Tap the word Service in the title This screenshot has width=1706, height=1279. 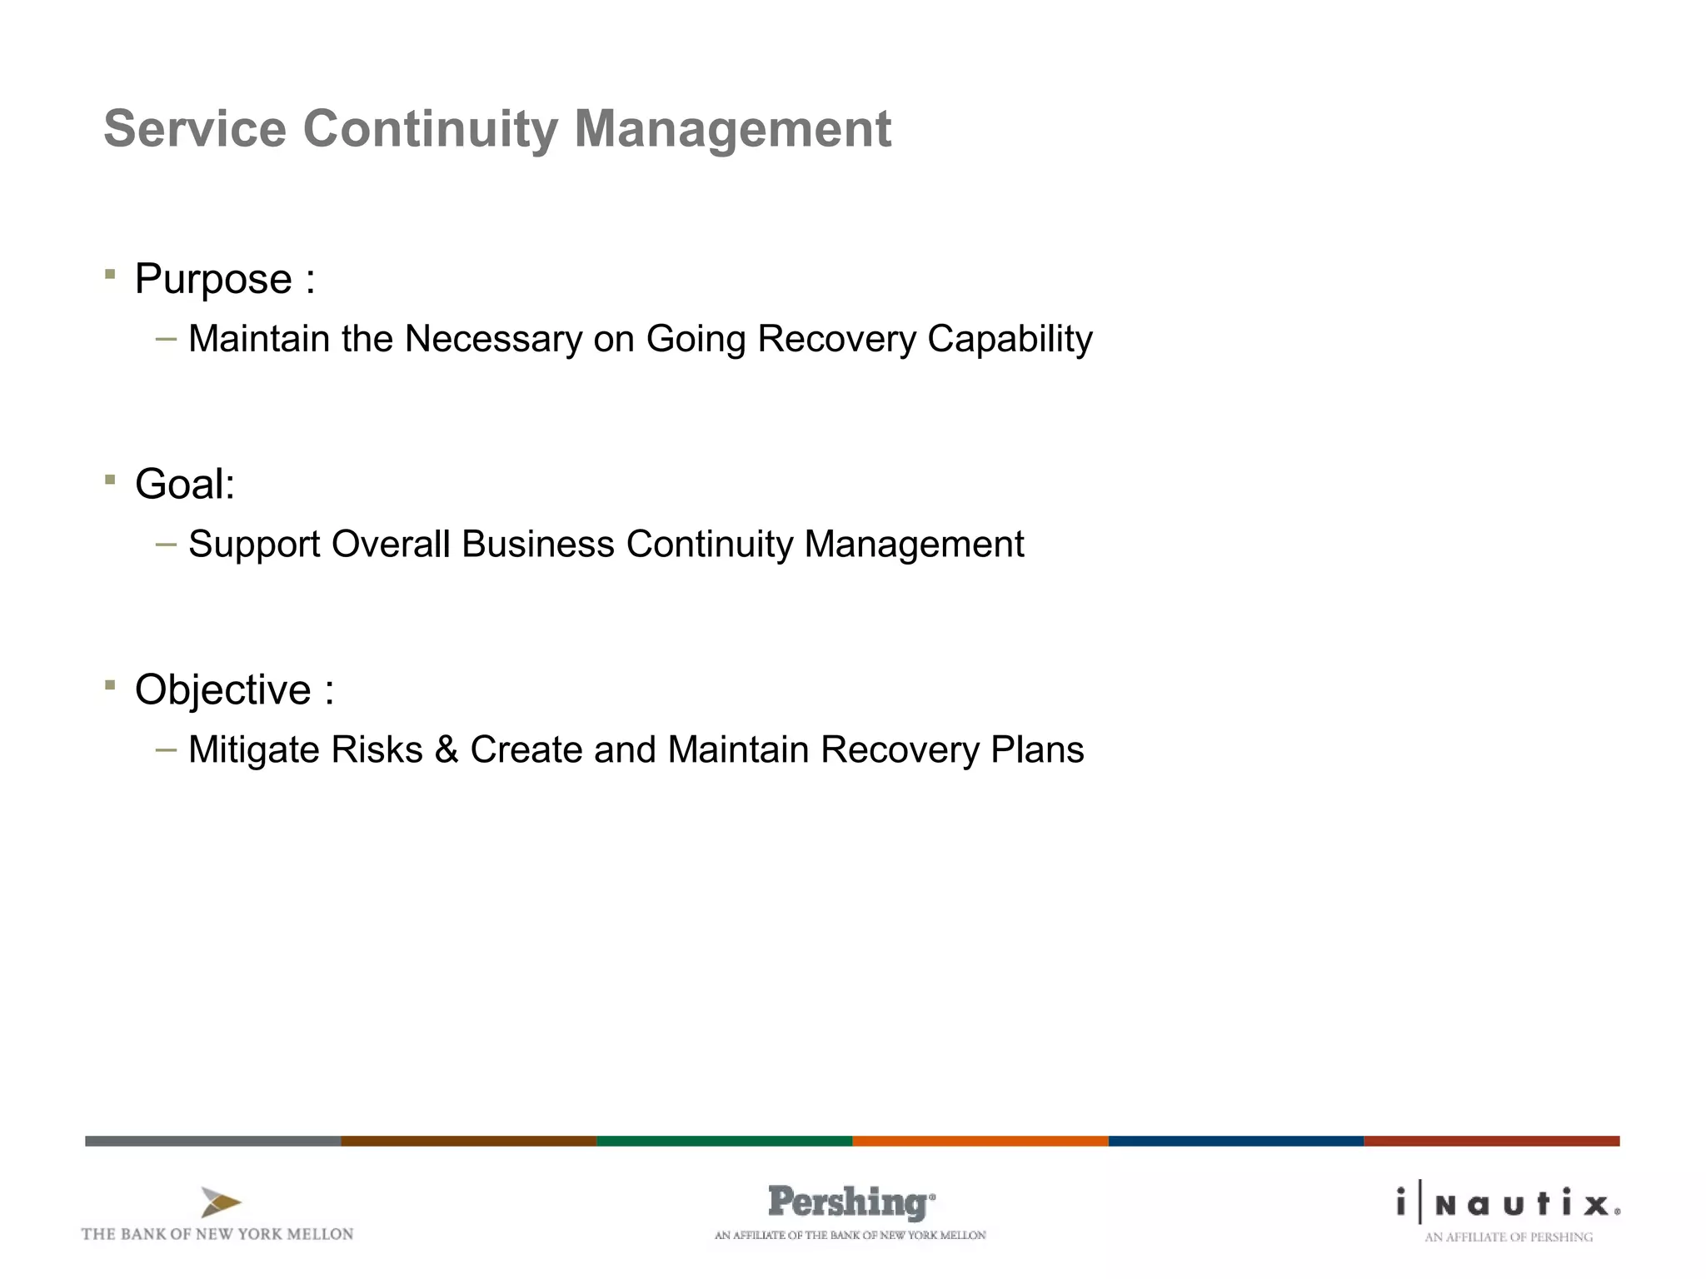pos(195,129)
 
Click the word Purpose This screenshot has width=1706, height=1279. pos(213,279)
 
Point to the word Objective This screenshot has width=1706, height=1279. pos(222,689)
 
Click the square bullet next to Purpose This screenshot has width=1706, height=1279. pos(110,273)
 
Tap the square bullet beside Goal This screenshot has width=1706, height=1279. pos(110,479)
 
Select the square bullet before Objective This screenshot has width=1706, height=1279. pos(110,684)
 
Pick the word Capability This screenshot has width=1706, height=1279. pos(1010,339)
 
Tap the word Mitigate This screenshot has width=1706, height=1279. pos(253,749)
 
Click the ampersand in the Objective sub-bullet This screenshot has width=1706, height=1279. pos(446,749)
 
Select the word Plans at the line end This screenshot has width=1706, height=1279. pos(1037,749)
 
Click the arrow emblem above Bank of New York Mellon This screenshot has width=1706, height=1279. pos(220,1202)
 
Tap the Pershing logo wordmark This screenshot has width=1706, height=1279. pos(850,1202)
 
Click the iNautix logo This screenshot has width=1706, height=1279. pos(1508,1204)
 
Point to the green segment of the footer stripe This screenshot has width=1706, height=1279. pos(724,1141)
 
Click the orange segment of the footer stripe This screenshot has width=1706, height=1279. pos(980,1141)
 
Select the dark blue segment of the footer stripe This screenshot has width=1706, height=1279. pos(1235,1141)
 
